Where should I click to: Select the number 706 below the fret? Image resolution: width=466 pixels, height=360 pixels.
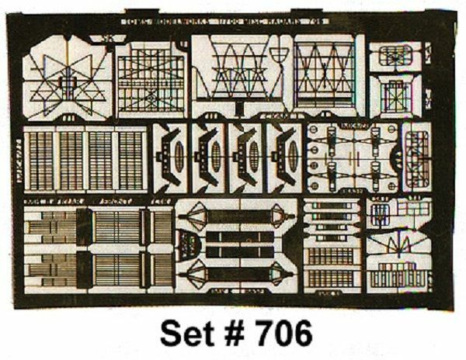(x=283, y=332)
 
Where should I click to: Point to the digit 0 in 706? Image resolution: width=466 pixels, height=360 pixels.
(x=283, y=332)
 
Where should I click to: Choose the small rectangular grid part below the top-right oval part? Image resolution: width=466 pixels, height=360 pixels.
(x=394, y=95)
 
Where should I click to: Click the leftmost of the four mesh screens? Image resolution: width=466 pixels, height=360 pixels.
(x=38, y=160)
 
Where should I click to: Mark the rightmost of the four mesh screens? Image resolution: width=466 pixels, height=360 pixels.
(x=130, y=160)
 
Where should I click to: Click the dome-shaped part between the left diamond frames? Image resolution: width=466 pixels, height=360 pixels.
(x=187, y=245)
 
